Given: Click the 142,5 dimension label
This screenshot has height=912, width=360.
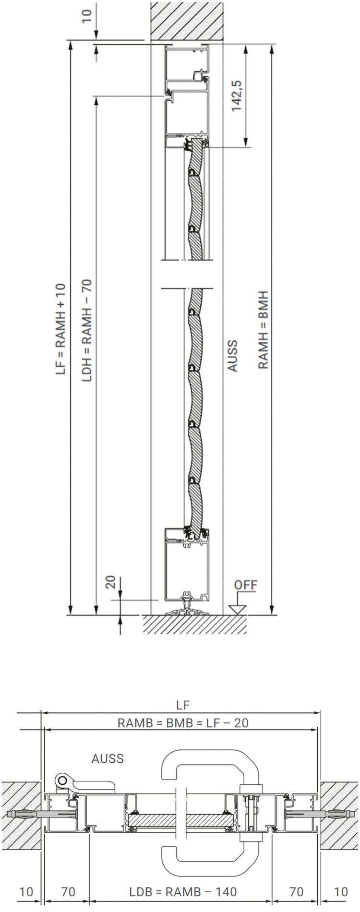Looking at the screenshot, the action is [x=237, y=96].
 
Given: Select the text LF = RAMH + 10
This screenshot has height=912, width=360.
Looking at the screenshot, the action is [x=60, y=329].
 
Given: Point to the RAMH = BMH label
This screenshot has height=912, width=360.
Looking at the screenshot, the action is [x=263, y=329].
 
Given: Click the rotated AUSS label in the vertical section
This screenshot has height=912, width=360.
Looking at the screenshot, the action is [x=232, y=356].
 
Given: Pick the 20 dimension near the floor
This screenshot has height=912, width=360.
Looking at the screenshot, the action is [x=111, y=582].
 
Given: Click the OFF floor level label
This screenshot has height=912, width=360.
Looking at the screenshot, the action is [x=245, y=585].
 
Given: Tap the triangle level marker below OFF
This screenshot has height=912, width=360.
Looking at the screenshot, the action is [x=237, y=609].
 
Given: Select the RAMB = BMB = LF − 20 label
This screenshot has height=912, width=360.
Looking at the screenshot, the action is [x=183, y=723].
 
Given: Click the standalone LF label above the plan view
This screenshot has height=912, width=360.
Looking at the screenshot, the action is [x=183, y=705].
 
